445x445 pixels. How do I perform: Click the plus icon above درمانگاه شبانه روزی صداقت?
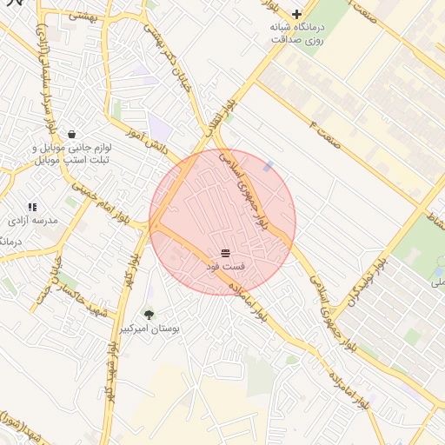(x=297, y=14)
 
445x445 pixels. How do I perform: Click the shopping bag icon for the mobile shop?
(x=70, y=134)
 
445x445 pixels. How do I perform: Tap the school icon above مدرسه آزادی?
(x=32, y=207)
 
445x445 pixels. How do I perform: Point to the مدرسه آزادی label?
(x=33, y=221)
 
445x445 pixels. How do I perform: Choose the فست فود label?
(x=225, y=265)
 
